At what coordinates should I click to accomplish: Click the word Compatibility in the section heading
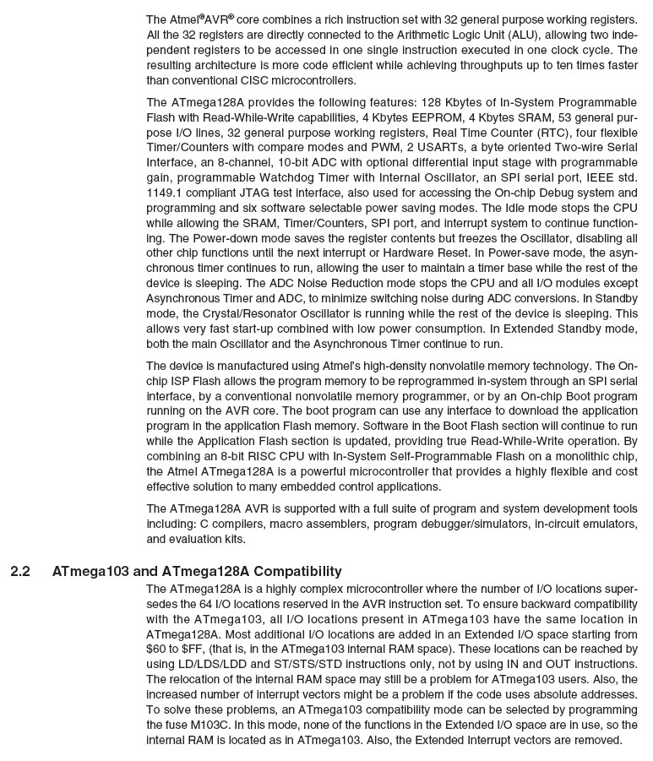coord(297,572)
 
